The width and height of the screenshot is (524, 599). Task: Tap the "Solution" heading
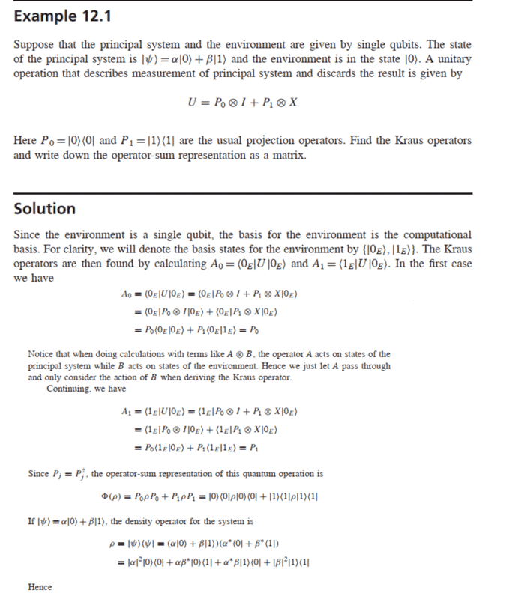(45, 209)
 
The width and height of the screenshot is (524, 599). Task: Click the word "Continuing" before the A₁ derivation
(69, 388)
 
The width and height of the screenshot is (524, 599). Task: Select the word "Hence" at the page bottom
(40, 587)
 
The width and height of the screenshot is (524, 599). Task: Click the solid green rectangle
(469, 449)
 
